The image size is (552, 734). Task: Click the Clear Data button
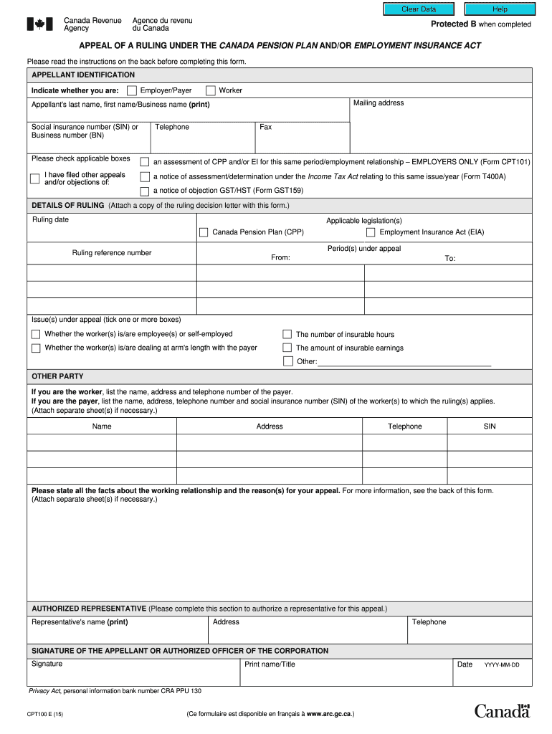coord(419,9)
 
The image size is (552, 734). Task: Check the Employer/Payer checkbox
coord(132,90)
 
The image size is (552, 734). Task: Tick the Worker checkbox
coord(211,90)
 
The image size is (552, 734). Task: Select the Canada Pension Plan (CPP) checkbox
coord(204,232)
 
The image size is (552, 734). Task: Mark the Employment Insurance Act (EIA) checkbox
coord(371,232)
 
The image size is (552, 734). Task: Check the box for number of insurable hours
coord(287,334)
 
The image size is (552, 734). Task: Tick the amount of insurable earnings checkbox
coord(287,348)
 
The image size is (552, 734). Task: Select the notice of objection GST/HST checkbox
coord(145,191)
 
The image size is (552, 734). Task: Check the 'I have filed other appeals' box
coord(34,178)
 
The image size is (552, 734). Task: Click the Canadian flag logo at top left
coord(40,24)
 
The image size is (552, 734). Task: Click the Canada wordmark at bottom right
coord(502,711)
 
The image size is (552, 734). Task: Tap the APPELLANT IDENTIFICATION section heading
coord(83,75)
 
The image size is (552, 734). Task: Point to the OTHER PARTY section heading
coord(57,376)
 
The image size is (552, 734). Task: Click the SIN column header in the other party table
coord(490,426)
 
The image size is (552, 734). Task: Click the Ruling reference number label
coord(112,253)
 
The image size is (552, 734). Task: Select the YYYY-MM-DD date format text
coord(502,665)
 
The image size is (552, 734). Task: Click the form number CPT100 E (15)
coord(45,715)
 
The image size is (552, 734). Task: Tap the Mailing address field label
coord(379,103)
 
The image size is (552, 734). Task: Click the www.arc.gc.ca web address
coord(329,715)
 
